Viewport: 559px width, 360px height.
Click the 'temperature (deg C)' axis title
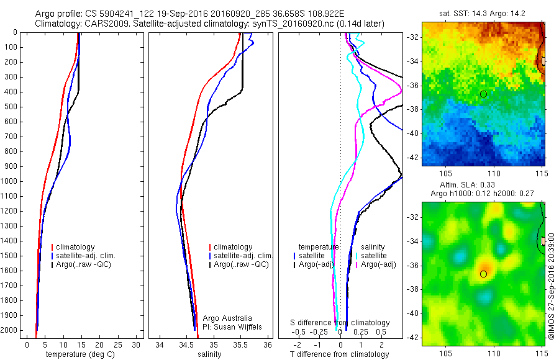click(x=80, y=354)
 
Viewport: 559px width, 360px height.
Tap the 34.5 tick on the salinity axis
click(x=186, y=344)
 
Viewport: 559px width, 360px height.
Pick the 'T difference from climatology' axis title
click(x=339, y=354)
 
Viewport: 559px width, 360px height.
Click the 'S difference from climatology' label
click(x=340, y=323)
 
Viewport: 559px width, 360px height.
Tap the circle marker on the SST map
click(x=483, y=94)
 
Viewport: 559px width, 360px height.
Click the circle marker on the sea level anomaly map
click(x=483, y=274)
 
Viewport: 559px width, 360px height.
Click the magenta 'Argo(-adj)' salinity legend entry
click(x=378, y=264)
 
